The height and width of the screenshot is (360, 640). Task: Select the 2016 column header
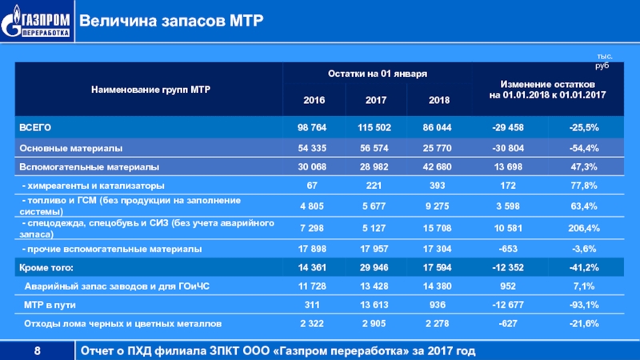(313, 102)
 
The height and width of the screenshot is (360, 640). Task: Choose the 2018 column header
(438, 102)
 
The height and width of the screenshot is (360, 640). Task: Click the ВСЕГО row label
(35, 127)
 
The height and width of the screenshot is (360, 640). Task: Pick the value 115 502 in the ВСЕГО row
(375, 127)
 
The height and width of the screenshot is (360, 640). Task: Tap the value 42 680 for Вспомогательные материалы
(438, 167)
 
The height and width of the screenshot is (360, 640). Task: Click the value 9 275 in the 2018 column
(438, 206)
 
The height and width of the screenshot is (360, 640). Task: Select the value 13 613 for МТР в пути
(375, 305)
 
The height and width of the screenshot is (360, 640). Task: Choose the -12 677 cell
(509, 305)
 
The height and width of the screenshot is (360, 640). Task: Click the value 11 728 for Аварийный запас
(313, 286)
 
